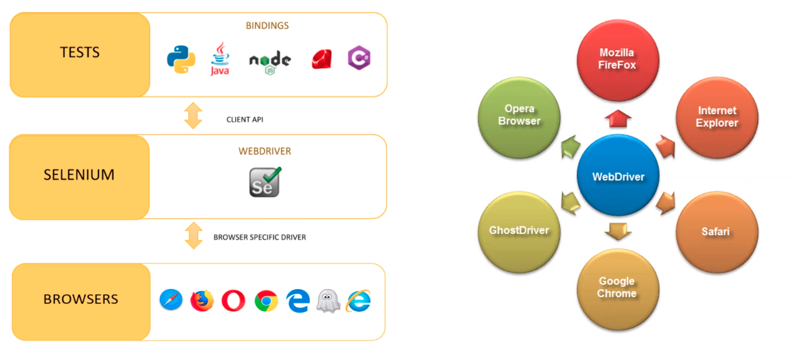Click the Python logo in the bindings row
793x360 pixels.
(x=181, y=60)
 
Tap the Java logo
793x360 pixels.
(x=220, y=60)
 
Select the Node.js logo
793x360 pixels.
(x=270, y=61)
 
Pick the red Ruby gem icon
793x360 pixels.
(x=322, y=59)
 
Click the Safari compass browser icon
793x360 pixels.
(x=171, y=300)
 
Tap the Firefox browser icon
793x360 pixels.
(x=202, y=300)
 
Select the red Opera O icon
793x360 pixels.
(x=233, y=301)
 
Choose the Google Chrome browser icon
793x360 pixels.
(x=266, y=301)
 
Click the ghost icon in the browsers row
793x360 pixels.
(x=328, y=301)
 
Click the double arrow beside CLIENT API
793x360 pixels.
(x=193, y=115)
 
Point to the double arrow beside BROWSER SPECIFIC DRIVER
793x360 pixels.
(x=193, y=235)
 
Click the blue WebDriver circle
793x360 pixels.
(x=618, y=176)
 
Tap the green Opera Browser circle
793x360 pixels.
(x=519, y=115)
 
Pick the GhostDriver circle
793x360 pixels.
(x=519, y=230)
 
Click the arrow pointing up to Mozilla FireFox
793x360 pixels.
(x=618, y=117)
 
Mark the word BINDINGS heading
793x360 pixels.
(x=267, y=26)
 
